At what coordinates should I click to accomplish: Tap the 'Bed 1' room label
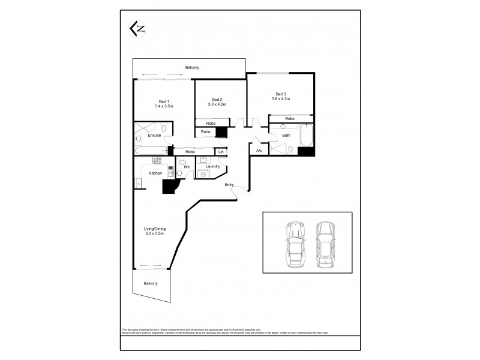[164, 101]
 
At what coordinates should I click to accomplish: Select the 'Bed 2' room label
[217, 99]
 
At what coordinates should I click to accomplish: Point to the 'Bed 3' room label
[280, 94]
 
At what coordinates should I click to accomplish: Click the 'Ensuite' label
[154, 136]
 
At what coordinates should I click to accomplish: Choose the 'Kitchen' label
[155, 173]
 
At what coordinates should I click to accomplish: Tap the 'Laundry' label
[212, 166]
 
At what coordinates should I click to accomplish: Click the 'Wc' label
[187, 166]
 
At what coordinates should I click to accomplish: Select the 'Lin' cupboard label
[221, 152]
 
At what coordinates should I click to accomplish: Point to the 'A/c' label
[259, 150]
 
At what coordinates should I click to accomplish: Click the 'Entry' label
[229, 185]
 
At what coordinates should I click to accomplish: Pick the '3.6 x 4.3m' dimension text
[280, 99]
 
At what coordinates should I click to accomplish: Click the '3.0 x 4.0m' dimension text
[217, 104]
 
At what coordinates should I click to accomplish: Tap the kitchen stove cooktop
[157, 160]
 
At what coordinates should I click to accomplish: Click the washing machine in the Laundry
[203, 174]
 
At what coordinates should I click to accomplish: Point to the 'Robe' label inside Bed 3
[290, 119]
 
